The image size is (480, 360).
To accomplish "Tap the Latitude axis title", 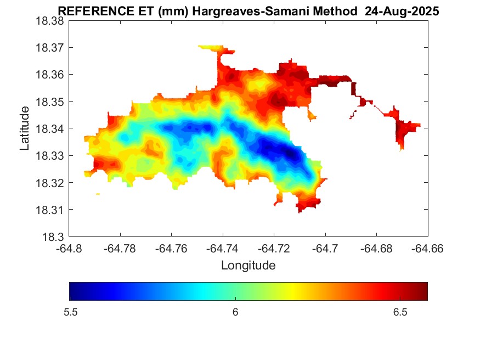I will pos(25,128).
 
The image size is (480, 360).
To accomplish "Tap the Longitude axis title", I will pos(248,266).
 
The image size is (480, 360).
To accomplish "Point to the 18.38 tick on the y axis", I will pos(50,21).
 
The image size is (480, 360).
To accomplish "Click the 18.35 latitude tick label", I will pos(50,102).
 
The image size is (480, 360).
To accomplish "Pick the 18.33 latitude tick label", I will pos(50,156).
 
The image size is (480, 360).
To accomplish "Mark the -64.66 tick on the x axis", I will pos(428,249).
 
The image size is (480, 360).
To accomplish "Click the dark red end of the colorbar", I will pos(423,291).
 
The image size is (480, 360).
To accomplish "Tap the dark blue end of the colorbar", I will pos(74,291).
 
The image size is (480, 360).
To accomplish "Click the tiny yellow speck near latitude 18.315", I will pos(98,194).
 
